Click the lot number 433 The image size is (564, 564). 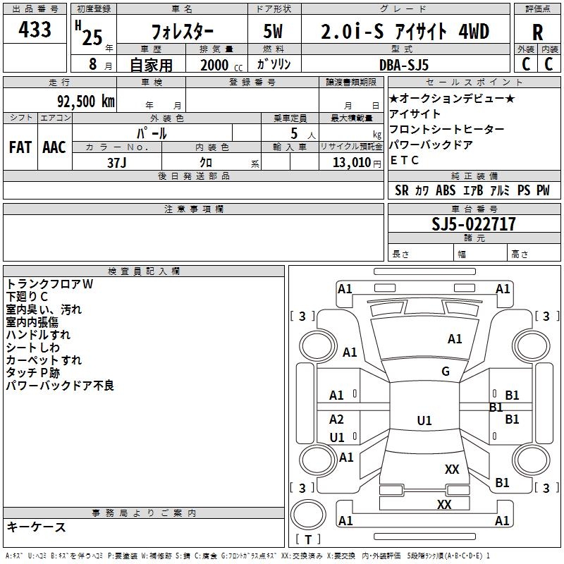pos(35,30)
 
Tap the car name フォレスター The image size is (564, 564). pos(183,32)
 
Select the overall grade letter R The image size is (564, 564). pos(537,32)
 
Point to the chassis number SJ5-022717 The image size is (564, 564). pos(474,224)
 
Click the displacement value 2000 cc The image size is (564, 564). pos(219,65)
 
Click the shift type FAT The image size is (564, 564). pos(20,147)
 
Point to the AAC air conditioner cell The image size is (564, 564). pos(54,147)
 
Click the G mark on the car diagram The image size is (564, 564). pos(446,372)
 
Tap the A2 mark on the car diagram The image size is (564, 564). pos(337,419)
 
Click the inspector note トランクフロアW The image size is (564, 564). pos(49,283)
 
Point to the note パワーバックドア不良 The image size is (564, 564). pos(60,386)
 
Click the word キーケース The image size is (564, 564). pos(36,527)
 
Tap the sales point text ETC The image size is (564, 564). pos(405,160)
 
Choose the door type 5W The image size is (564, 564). pos(274,32)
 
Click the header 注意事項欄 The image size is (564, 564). pos(194,209)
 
